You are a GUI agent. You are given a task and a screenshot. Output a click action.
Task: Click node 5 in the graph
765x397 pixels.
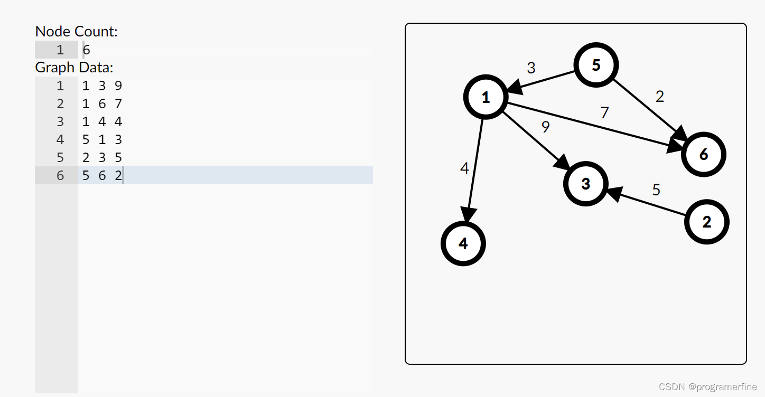[x=596, y=65]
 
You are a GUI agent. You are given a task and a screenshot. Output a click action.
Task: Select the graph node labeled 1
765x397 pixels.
[x=486, y=97]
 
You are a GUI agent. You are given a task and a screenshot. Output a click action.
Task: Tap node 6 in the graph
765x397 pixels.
[x=703, y=155]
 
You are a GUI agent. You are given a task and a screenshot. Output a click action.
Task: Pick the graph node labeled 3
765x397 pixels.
[x=585, y=184]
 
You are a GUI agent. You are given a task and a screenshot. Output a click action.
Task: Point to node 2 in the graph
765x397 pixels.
[x=706, y=222]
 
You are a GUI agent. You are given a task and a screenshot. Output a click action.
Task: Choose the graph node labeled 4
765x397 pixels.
[x=463, y=243]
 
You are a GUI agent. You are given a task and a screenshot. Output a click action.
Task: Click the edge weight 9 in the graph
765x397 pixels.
[x=546, y=127]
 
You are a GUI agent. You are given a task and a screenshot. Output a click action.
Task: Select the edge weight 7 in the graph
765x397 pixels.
[x=604, y=112]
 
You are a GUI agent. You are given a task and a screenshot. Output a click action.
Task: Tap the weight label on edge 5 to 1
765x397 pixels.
[x=531, y=68]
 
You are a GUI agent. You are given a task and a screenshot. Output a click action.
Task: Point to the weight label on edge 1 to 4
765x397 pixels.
[x=464, y=168]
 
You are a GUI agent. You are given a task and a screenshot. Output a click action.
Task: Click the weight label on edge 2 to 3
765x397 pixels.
[x=656, y=190]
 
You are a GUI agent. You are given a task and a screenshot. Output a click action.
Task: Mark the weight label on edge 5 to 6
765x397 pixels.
[x=659, y=97]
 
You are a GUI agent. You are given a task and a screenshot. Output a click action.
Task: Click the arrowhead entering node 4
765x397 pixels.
[x=467, y=215]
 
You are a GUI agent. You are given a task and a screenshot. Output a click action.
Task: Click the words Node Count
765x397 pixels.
[x=76, y=32]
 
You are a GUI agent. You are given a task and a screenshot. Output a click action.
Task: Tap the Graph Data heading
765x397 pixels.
[x=74, y=68]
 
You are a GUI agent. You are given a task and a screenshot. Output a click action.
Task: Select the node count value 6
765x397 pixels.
[x=87, y=50]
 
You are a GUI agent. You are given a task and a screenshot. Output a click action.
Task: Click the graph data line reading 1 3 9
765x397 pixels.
[x=102, y=86]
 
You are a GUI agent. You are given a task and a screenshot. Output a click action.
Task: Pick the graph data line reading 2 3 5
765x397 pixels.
[x=102, y=157]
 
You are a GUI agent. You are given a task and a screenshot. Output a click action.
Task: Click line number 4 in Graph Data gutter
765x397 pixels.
[x=60, y=139]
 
